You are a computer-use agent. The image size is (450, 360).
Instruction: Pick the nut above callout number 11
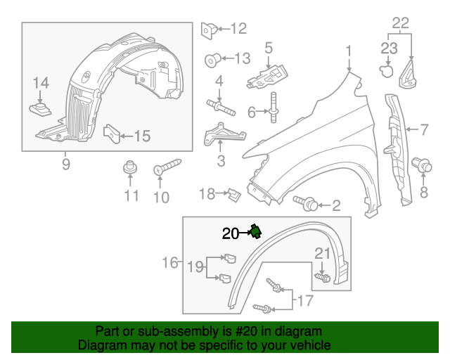129,169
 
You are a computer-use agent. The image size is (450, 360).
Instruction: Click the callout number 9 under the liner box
65,165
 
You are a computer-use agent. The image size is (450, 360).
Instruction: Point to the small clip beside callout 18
233,192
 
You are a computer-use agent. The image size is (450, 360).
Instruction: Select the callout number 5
268,49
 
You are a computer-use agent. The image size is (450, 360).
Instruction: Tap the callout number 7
424,129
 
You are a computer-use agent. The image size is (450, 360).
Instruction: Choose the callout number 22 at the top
400,22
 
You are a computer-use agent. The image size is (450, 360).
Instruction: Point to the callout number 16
170,263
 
